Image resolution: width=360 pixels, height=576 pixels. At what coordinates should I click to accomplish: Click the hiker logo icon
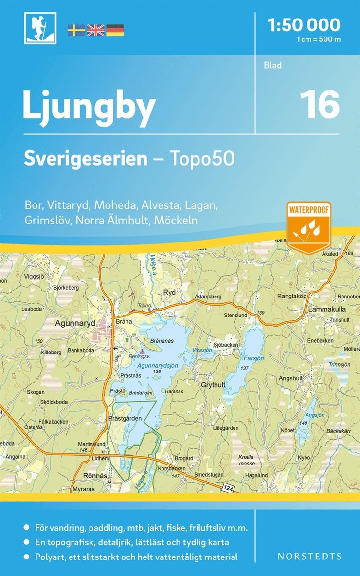coord(40,28)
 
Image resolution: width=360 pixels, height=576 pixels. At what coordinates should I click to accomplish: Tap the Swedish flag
coord(76,30)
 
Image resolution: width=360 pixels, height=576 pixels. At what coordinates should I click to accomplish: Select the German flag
coord(115,30)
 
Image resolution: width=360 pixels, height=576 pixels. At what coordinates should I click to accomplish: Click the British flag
coord(95,30)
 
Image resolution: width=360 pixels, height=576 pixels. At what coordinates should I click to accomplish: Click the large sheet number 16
coord(319,104)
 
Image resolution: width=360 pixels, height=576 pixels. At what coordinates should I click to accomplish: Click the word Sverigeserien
coord(86,159)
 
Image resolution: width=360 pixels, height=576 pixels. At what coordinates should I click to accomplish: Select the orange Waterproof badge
coord(309,225)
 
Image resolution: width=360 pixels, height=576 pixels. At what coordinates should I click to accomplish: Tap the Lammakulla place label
coord(326,309)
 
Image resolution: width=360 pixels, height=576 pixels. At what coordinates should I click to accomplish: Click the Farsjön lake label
coord(253,358)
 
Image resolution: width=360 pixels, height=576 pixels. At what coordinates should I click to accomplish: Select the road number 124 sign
coord(229,487)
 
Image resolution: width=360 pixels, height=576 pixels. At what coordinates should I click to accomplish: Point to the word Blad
coord(273,65)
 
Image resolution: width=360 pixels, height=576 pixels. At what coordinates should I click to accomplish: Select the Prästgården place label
coord(126,418)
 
